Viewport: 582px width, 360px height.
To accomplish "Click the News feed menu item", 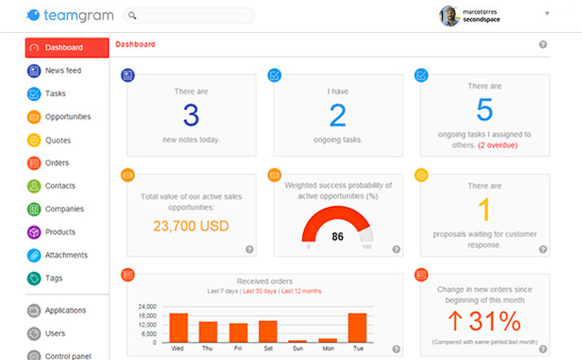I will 62,70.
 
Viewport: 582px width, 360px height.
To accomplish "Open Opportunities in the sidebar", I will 67,117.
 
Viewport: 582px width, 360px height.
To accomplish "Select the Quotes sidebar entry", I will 58,140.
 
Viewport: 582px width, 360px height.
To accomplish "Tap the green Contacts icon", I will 34,186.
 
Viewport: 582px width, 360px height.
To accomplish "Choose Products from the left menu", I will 61,232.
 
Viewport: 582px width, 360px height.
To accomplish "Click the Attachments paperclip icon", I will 34,255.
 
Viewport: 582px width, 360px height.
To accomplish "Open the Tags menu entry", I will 54,278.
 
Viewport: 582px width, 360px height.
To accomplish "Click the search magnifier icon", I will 132,15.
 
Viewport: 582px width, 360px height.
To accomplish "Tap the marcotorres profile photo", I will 449,16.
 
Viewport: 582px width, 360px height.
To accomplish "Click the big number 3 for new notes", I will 190,115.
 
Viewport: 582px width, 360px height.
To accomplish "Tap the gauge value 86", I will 337,236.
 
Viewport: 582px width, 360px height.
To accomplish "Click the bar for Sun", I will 297,341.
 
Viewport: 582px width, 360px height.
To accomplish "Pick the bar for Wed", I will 178,328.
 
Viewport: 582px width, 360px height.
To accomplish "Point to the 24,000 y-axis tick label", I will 148,306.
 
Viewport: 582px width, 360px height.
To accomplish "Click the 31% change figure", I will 484,321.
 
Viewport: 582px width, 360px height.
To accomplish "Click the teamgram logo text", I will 78,14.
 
